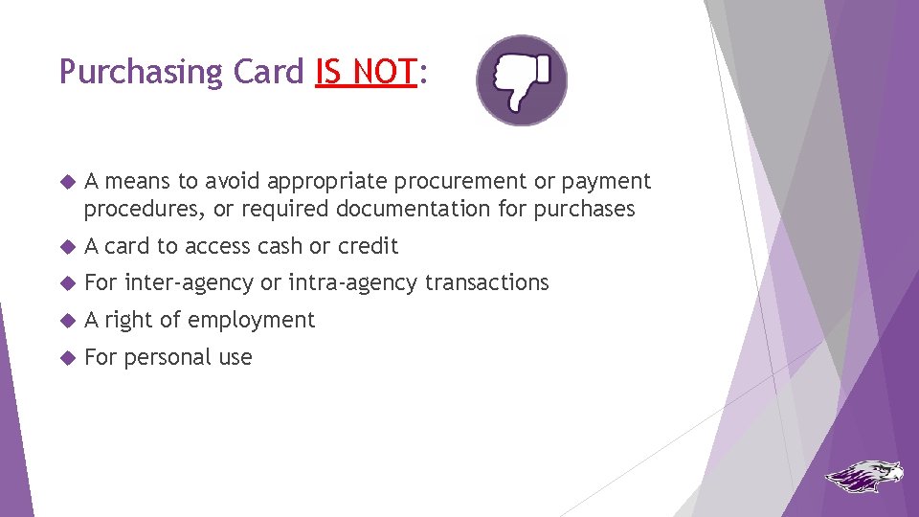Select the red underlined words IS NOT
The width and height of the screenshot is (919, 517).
coord(367,72)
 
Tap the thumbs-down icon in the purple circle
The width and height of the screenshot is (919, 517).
coord(522,80)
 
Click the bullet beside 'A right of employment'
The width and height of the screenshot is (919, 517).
coord(66,321)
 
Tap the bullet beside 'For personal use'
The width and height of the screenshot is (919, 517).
coord(66,358)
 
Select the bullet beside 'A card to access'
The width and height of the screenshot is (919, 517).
coord(66,247)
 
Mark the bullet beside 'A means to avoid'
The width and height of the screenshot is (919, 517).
coord(66,182)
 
